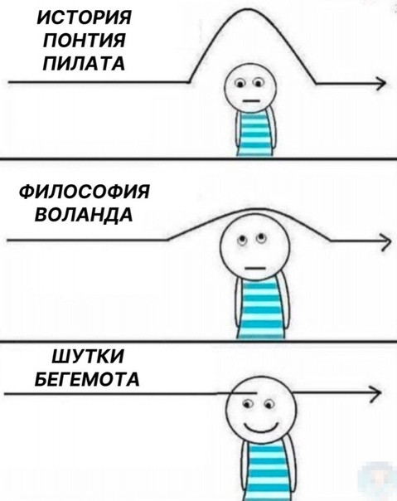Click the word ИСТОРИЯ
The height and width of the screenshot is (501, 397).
point(84,18)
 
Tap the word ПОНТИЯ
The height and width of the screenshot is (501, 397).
point(85,41)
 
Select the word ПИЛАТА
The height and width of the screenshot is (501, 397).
point(84,63)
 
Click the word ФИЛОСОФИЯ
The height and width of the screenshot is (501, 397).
point(85,192)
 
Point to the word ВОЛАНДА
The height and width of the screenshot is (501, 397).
point(84,214)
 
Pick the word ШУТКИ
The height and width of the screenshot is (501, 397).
point(88,357)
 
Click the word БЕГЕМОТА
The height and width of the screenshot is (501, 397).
point(87,379)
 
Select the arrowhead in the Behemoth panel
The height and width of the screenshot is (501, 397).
point(375,392)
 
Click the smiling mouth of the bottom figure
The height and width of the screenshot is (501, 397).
point(261,427)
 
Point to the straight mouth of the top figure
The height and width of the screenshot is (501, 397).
point(251,101)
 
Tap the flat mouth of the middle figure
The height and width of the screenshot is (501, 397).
point(255,268)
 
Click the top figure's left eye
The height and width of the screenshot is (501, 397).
point(240,84)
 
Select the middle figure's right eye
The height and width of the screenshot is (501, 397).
point(261,238)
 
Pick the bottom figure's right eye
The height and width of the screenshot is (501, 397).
point(269,405)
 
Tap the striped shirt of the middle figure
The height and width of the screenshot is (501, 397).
point(260,307)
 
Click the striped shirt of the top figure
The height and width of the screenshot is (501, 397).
point(254,134)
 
